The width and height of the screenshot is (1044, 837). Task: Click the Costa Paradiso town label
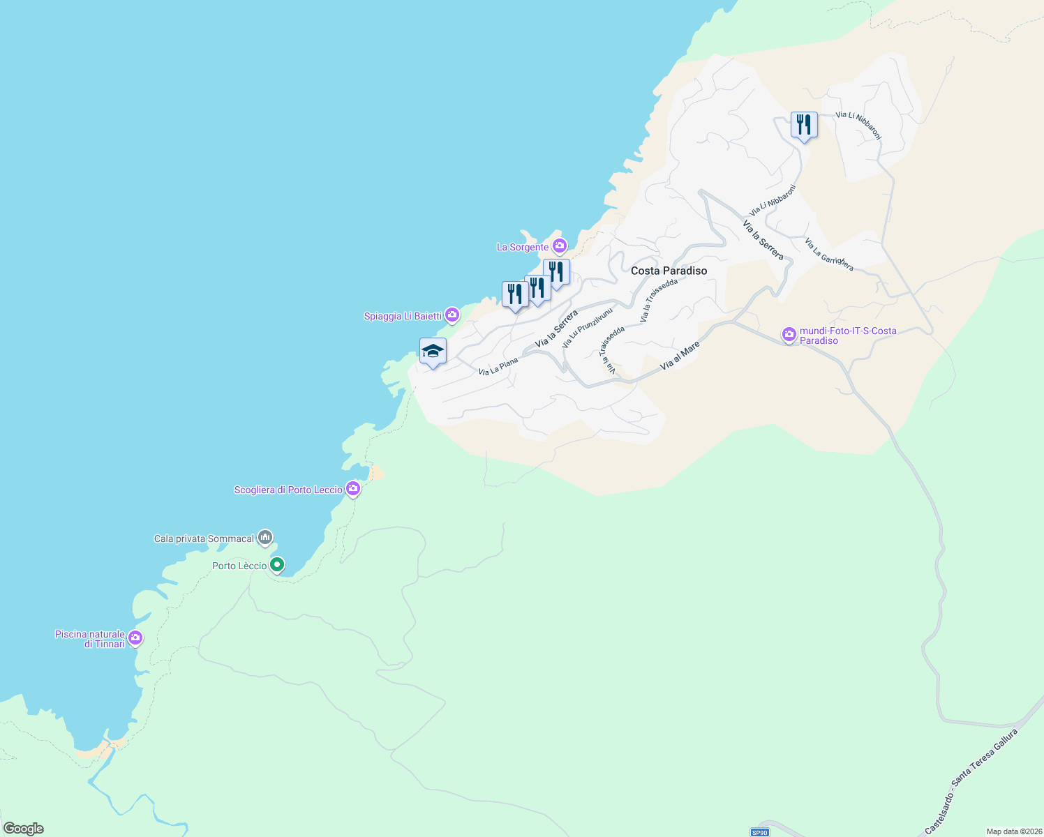pyautogui.click(x=669, y=271)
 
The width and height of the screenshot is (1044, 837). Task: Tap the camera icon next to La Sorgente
pyautogui.click(x=559, y=246)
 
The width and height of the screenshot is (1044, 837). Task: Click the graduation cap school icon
pyautogui.click(x=433, y=351)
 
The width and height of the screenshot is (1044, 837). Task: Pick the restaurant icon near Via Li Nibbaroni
pyautogui.click(x=804, y=125)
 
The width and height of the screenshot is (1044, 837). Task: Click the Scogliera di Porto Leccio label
pyautogui.click(x=288, y=490)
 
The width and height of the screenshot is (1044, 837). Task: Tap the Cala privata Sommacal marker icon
pyautogui.click(x=264, y=537)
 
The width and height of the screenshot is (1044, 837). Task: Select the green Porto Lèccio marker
pyautogui.click(x=277, y=564)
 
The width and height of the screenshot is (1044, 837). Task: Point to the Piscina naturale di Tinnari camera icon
pyautogui.click(x=135, y=638)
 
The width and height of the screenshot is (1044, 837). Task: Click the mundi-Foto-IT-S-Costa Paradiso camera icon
pyautogui.click(x=789, y=335)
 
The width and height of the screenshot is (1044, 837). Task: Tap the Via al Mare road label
pyautogui.click(x=679, y=355)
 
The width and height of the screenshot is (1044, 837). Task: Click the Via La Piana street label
pyautogui.click(x=498, y=366)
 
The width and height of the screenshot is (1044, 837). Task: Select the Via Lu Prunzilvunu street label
pyautogui.click(x=587, y=328)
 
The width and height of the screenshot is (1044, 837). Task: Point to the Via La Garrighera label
pyautogui.click(x=829, y=255)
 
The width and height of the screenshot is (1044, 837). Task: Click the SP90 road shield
pyautogui.click(x=759, y=832)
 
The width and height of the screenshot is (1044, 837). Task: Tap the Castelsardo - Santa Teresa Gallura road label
pyautogui.click(x=971, y=781)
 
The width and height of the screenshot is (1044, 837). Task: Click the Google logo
pyautogui.click(x=24, y=829)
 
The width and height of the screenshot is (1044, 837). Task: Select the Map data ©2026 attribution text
pyautogui.click(x=1013, y=831)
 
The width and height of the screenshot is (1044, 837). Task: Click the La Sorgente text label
pyautogui.click(x=523, y=247)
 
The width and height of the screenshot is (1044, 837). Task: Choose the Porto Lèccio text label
pyautogui.click(x=239, y=566)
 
